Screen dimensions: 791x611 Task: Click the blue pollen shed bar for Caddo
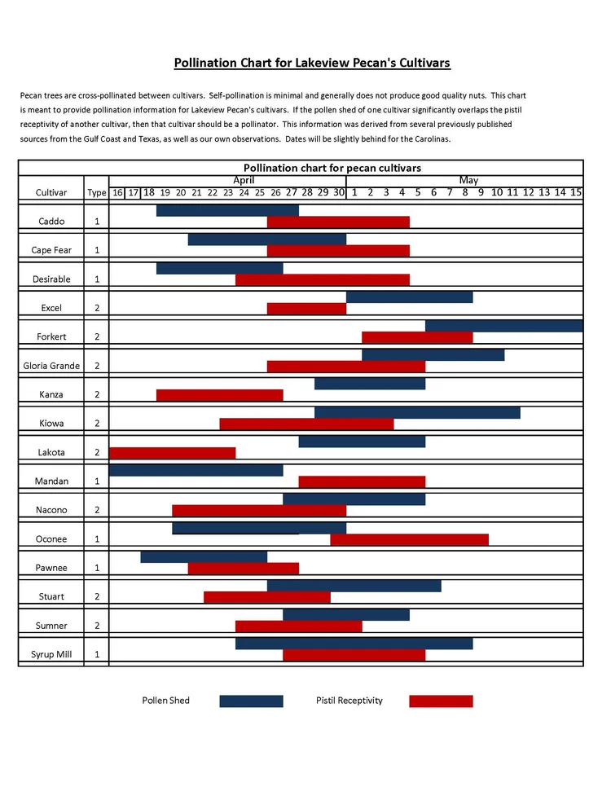(227, 210)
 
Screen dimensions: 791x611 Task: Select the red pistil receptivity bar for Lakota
(172, 453)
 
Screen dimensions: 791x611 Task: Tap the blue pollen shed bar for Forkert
(504, 326)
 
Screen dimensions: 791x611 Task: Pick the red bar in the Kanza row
(219, 395)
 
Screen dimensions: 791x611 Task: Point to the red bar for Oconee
(409, 539)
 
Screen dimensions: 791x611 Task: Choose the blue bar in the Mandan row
(196, 470)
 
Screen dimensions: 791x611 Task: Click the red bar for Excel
(306, 309)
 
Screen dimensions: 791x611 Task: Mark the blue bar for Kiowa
(417, 412)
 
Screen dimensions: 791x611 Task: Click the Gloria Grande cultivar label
(51, 366)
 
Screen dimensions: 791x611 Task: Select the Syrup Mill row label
(51, 654)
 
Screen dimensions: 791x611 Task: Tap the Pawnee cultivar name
(51, 568)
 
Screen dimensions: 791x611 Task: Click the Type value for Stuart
(97, 596)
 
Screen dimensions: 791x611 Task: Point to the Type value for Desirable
(97, 279)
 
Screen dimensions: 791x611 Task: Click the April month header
(244, 180)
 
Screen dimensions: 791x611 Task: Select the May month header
(468, 180)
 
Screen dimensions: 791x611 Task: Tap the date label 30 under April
(339, 192)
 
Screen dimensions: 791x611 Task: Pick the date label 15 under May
(576, 192)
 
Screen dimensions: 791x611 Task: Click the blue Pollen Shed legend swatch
(251, 701)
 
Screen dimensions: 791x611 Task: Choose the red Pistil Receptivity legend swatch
(441, 701)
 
